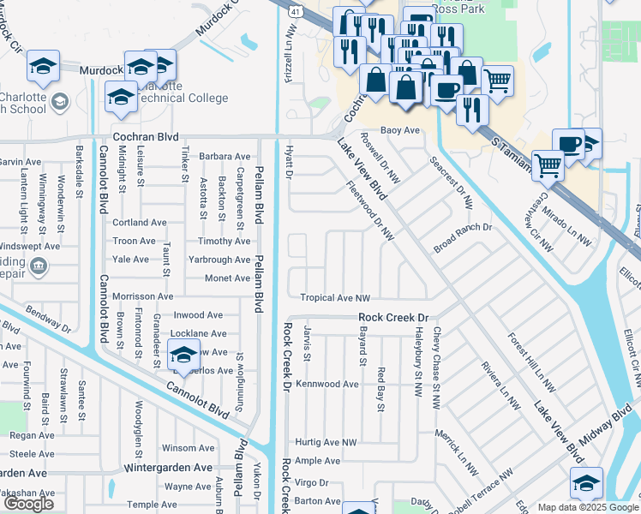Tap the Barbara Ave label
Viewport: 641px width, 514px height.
[x=225, y=157]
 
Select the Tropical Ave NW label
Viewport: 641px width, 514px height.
[x=335, y=298]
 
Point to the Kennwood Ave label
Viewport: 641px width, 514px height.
[x=326, y=384]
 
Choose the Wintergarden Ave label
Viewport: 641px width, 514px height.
[x=167, y=469]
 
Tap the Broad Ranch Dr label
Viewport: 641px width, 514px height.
[x=463, y=228]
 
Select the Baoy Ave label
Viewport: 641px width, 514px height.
[x=401, y=130]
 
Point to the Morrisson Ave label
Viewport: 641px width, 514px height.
[x=142, y=296]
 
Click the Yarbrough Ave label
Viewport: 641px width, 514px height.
[x=219, y=260]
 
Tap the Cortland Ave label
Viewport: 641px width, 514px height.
[x=140, y=223]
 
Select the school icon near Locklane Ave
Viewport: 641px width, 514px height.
[x=183, y=353]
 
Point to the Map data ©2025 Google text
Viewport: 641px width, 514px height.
[x=588, y=507]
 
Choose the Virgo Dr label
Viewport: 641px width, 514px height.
[x=312, y=483]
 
